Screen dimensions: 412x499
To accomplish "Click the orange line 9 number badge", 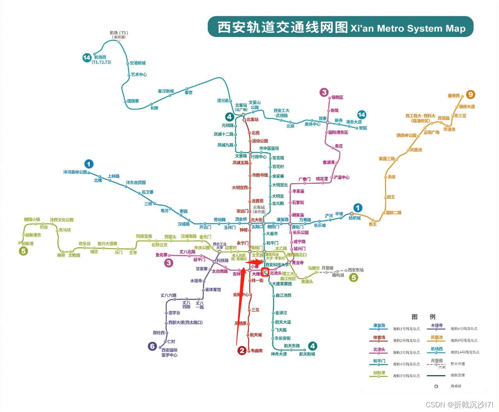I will (x=471, y=95).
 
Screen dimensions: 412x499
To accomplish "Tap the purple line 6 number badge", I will (x=152, y=346).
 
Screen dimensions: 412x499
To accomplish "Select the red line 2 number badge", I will (x=242, y=350).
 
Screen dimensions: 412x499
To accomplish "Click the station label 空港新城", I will (x=138, y=63).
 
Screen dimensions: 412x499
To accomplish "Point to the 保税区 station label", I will (x=338, y=97).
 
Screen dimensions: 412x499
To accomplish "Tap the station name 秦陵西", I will (x=453, y=96).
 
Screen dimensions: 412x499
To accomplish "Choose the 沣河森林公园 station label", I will (x=75, y=172).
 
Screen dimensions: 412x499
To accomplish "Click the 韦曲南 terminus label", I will (x=257, y=351).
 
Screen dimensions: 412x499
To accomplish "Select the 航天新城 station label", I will (x=307, y=354).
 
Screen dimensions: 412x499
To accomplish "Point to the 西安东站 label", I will (x=356, y=270).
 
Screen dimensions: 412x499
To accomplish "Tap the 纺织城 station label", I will (x=354, y=218).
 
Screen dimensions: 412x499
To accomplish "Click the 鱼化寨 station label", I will (x=161, y=255).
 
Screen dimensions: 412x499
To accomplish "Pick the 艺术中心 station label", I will (x=139, y=75).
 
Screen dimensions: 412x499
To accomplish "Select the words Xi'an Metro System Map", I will (x=408, y=28).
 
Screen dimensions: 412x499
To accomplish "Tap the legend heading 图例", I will (x=423, y=317).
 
